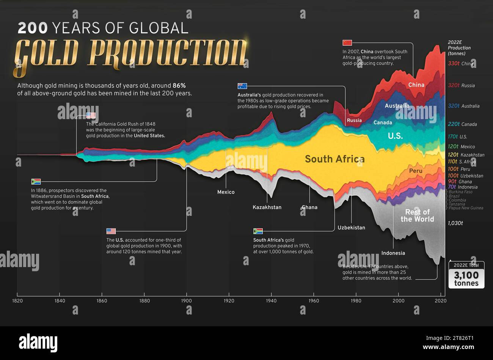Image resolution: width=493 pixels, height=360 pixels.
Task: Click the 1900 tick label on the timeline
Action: click(x=186, y=301)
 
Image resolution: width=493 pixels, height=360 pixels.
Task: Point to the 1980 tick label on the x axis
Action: click(x=356, y=301)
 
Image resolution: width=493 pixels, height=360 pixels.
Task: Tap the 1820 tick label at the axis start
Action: click(x=17, y=301)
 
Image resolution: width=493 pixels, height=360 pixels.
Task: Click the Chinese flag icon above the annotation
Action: click(x=347, y=42)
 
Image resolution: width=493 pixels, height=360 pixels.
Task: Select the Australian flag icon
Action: click(x=242, y=86)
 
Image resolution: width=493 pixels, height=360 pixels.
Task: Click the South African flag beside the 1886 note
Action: click(x=36, y=181)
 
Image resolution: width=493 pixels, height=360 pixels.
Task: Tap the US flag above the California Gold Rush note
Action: click(x=91, y=115)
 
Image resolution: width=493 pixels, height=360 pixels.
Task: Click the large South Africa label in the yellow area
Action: click(x=334, y=159)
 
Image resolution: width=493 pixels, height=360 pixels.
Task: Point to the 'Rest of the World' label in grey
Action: click(x=417, y=215)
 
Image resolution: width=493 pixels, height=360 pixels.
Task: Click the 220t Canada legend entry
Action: click(x=462, y=124)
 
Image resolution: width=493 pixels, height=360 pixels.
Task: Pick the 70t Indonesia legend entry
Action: click(x=462, y=187)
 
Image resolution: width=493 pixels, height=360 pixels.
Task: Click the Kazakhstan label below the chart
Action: click(x=267, y=207)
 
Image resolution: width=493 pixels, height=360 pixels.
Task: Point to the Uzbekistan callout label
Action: click(x=351, y=228)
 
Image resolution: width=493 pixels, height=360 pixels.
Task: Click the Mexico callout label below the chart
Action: click(x=226, y=192)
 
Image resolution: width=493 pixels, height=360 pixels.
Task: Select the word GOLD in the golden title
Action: click(x=47, y=53)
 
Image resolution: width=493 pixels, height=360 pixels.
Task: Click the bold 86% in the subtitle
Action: click(x=179, y=86)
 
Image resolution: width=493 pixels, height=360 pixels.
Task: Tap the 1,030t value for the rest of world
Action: click(x=455, y=223)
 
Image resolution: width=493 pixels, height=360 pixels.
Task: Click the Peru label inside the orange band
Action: click(x=416, y=171)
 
